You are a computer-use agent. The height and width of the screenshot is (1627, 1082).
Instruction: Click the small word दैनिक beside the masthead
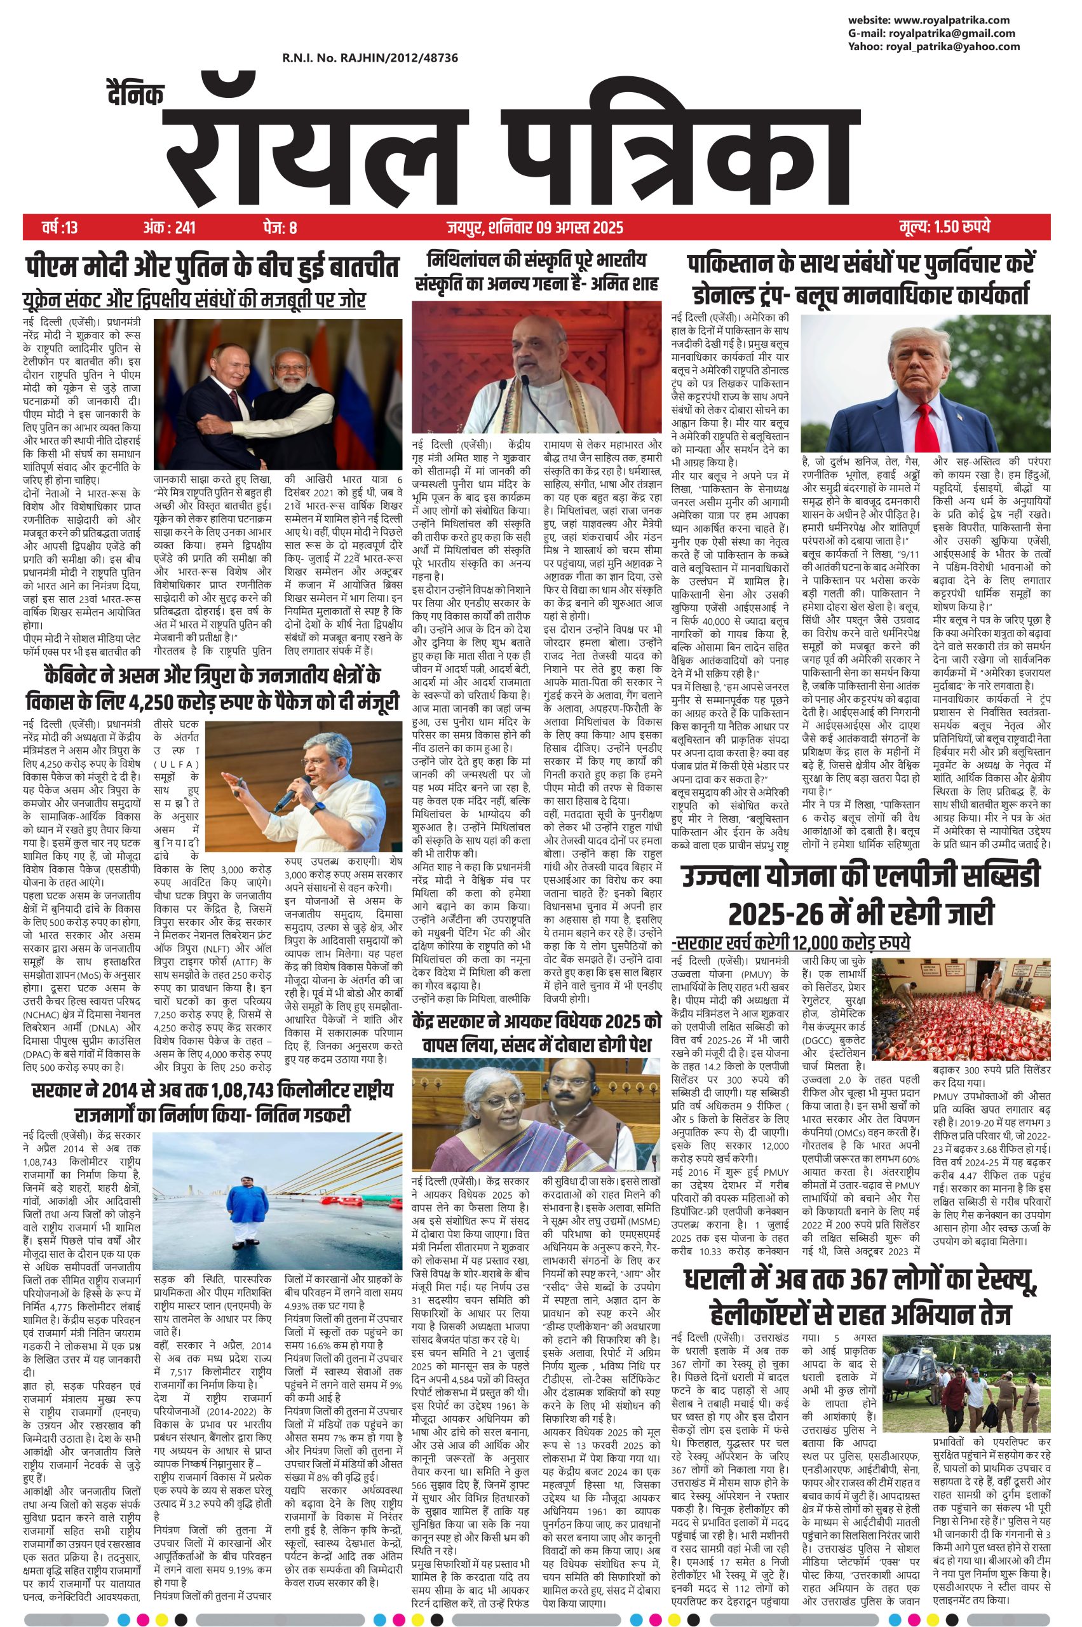136,94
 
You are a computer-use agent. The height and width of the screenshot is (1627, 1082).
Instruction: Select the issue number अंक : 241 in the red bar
170,227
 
